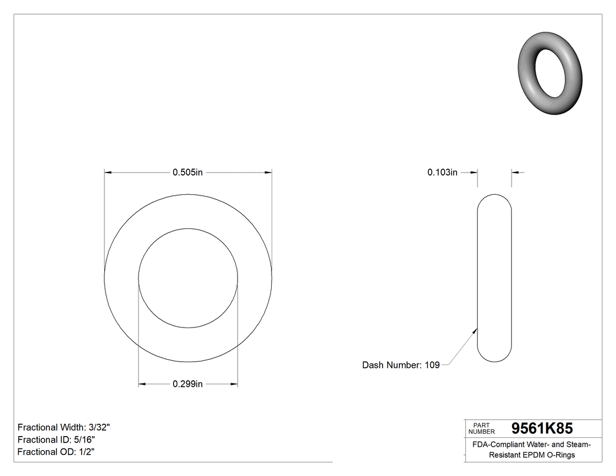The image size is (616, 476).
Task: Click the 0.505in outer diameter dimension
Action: click(x=187, y=173)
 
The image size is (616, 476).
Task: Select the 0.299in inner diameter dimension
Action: click(x=187, y=384)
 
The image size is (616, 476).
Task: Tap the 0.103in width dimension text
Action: click(x=442, y=173)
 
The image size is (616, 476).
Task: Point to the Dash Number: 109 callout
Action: click(x=401, y=365)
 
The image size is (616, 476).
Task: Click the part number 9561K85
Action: click(x=542, y=428)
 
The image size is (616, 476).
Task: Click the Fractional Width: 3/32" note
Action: click(x=64, y=428)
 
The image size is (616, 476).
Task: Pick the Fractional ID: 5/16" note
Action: click(x=56, y=440)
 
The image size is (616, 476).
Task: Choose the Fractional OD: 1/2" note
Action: click(x=56, y=452)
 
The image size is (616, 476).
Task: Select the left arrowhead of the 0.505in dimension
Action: click(x=107, y=173)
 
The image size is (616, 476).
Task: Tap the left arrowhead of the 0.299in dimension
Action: click(x=141, y=384)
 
